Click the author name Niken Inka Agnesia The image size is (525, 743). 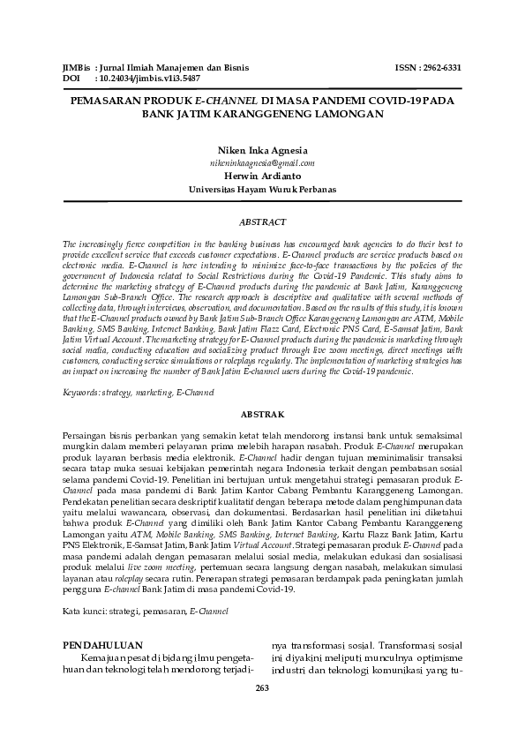click(x=262, y=151)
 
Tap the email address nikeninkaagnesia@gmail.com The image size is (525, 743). click(x=262, y=163)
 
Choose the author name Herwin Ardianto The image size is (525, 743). click(x=262, y=176)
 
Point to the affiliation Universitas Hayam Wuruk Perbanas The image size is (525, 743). click(x=262, y=189)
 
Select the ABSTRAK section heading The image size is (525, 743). click(x=262, y=413)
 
